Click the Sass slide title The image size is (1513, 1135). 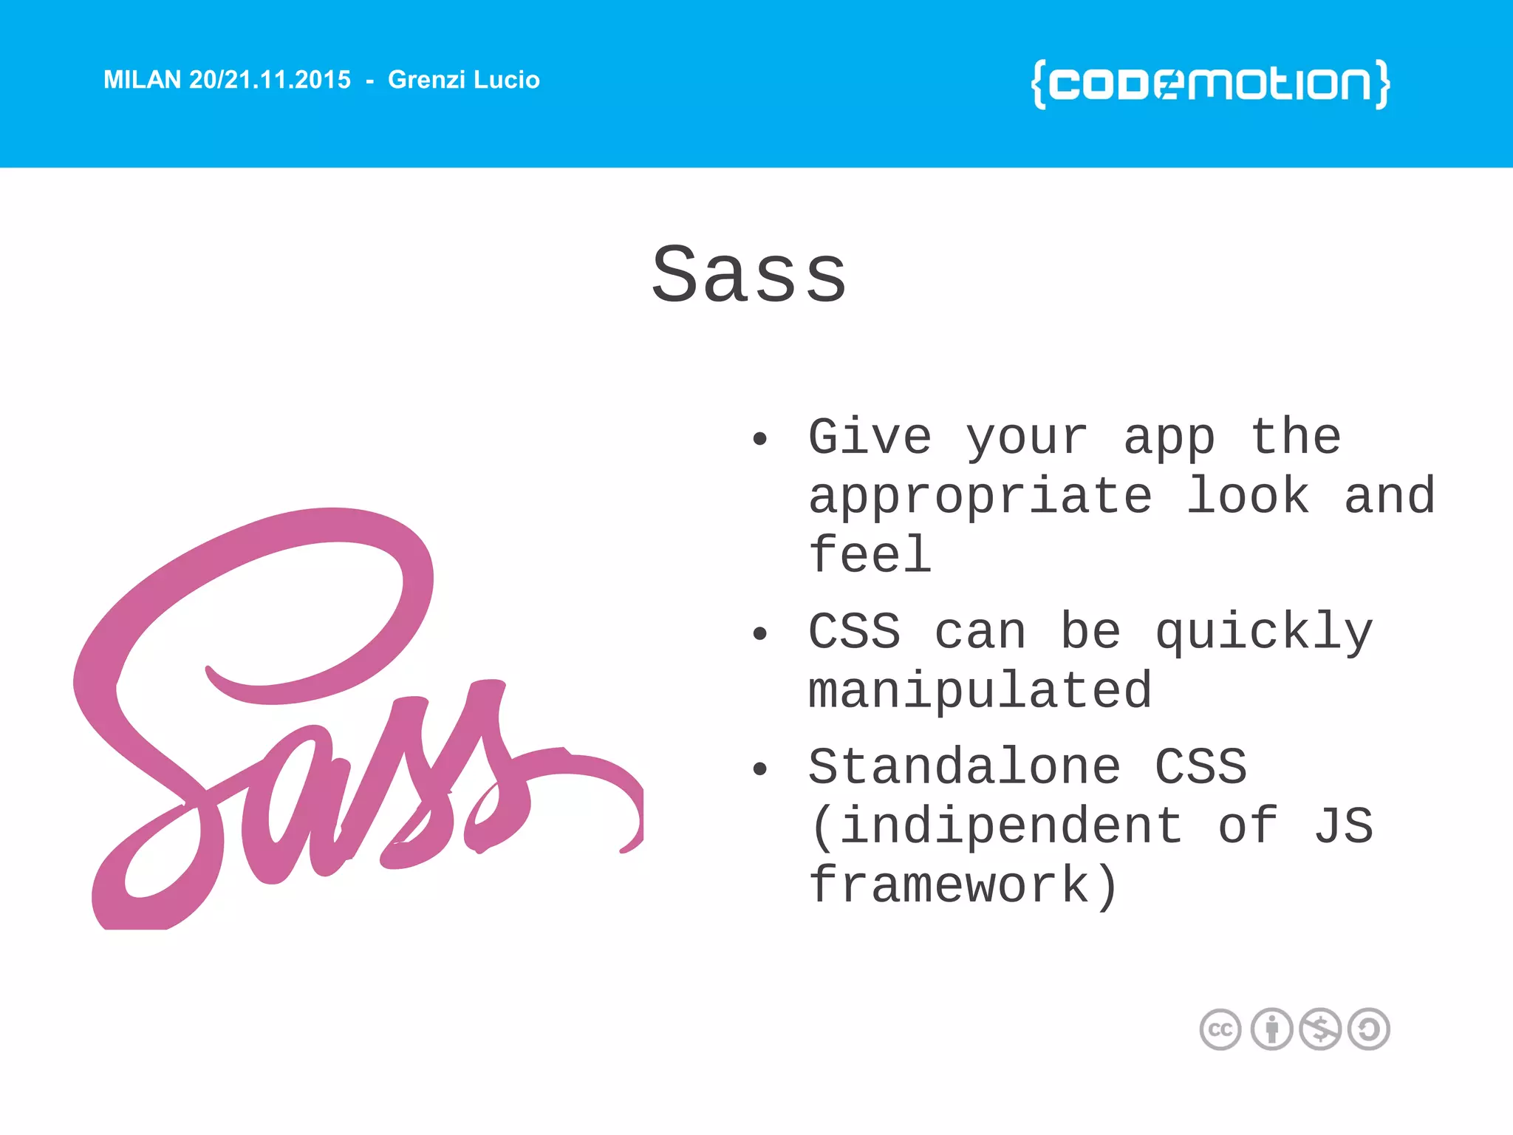[749, 275]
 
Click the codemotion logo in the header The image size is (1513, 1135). [1210, 83]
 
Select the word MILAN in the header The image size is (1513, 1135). [142, 80]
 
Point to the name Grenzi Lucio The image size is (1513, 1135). [463, 80]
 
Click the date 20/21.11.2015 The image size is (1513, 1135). [270, 80]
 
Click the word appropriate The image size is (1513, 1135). [980, 496]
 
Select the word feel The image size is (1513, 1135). [870, 555]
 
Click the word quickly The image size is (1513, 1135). [1264, 633]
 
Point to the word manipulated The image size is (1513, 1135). [980, 691]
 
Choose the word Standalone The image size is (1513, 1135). [964, 766]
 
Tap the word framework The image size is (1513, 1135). [949, 885]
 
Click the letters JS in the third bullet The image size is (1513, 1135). [1343, 825]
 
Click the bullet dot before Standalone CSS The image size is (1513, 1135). [759, 769]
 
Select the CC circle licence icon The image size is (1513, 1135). [1220, 1029]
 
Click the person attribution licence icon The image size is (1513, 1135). [1271, 1029]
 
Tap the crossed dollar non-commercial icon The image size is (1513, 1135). [1320, 1029]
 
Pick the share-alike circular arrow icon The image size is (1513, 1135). [1369, 1029]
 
